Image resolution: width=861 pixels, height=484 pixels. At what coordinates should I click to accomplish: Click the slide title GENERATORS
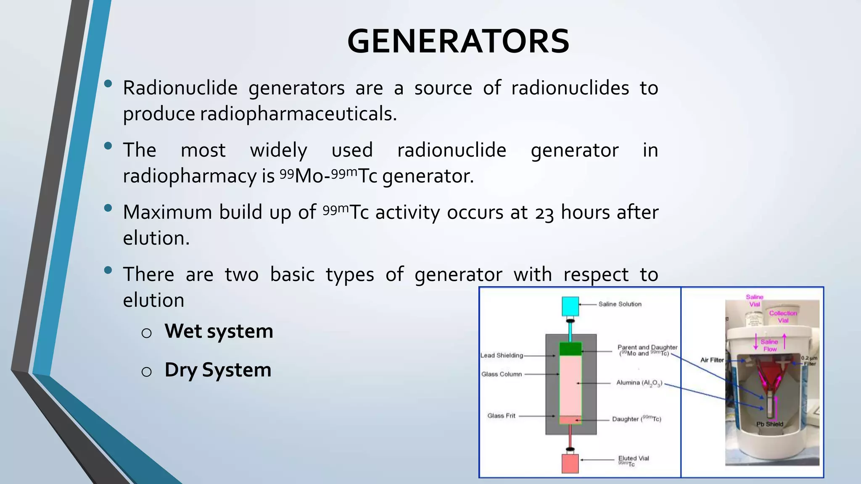click(458, 42)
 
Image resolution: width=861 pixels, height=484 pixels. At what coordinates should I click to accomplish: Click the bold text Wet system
click(219, 331)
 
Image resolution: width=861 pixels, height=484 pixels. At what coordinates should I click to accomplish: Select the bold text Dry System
click(218, 370)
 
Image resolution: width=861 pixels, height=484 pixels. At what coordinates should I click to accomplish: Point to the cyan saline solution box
click(570, 306)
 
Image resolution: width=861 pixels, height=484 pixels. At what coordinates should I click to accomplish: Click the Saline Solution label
click(620, 304)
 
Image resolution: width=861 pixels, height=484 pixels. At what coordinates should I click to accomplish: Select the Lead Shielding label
click(502, 355)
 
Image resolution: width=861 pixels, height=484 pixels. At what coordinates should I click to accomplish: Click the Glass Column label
click(502, 374)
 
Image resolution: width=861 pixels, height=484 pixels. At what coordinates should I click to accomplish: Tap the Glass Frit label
click(501, 416)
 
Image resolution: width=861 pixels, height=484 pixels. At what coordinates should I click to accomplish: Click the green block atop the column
click(570, 349)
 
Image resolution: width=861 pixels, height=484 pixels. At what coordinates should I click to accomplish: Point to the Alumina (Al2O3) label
click(639, 383)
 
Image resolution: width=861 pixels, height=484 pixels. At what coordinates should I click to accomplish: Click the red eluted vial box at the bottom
click(570, 463)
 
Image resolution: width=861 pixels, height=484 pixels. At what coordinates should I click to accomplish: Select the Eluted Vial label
click(633, 458)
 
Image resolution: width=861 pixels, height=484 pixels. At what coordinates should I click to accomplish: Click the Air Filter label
click(712, 360)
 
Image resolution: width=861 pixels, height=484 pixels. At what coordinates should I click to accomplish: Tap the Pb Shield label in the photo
click(770, 424)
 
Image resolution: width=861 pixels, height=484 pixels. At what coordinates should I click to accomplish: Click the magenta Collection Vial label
click(783, 317)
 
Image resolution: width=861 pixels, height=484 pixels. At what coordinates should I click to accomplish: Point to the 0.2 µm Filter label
click(809, 361)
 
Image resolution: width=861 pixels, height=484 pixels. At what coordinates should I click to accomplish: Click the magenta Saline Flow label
click(769, 345)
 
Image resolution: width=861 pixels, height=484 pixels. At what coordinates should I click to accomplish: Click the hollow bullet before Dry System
click(146, 372)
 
